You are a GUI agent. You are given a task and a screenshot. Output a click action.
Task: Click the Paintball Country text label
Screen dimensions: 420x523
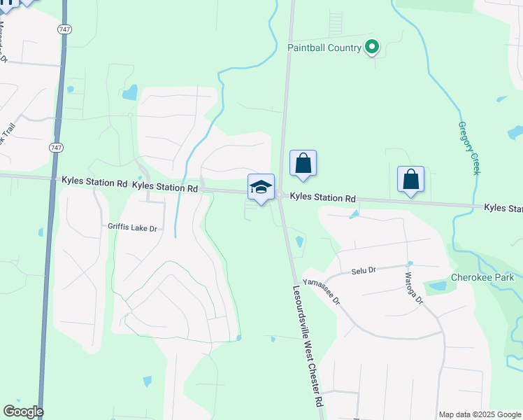tap(324, 48)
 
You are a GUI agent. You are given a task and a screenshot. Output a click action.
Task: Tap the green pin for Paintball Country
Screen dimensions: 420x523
tap(373, 47)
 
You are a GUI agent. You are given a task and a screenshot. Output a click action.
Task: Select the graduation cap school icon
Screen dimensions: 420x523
tap(261, 187)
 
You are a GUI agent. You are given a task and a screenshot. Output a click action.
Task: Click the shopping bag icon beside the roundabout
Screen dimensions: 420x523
tap(303, 164)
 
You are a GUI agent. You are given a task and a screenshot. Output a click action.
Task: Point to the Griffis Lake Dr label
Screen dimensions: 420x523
tap(133, 227)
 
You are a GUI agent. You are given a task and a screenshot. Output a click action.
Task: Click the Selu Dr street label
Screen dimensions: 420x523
tap(364, 270)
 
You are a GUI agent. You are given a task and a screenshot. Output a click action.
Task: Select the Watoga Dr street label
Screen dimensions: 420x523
tap(411, 288)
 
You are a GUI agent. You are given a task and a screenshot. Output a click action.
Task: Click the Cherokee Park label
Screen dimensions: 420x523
tap(483, 276)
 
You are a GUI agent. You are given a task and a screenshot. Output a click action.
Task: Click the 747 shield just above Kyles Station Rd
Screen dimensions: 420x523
tap(55, 148)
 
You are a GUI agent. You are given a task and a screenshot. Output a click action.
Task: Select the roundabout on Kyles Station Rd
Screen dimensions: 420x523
tap(279, 196)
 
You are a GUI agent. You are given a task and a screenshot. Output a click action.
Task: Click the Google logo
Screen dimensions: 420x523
tap(23, 412)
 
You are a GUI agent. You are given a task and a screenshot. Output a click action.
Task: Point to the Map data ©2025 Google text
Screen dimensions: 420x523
tap(480, 414)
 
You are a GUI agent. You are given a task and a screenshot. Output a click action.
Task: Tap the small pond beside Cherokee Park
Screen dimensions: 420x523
tap(438, 286)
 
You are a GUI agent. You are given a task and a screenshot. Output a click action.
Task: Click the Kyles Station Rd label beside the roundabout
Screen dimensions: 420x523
tap(322, 199)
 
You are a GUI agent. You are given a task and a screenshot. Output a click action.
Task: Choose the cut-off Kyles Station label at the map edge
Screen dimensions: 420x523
tap(503, 209)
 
